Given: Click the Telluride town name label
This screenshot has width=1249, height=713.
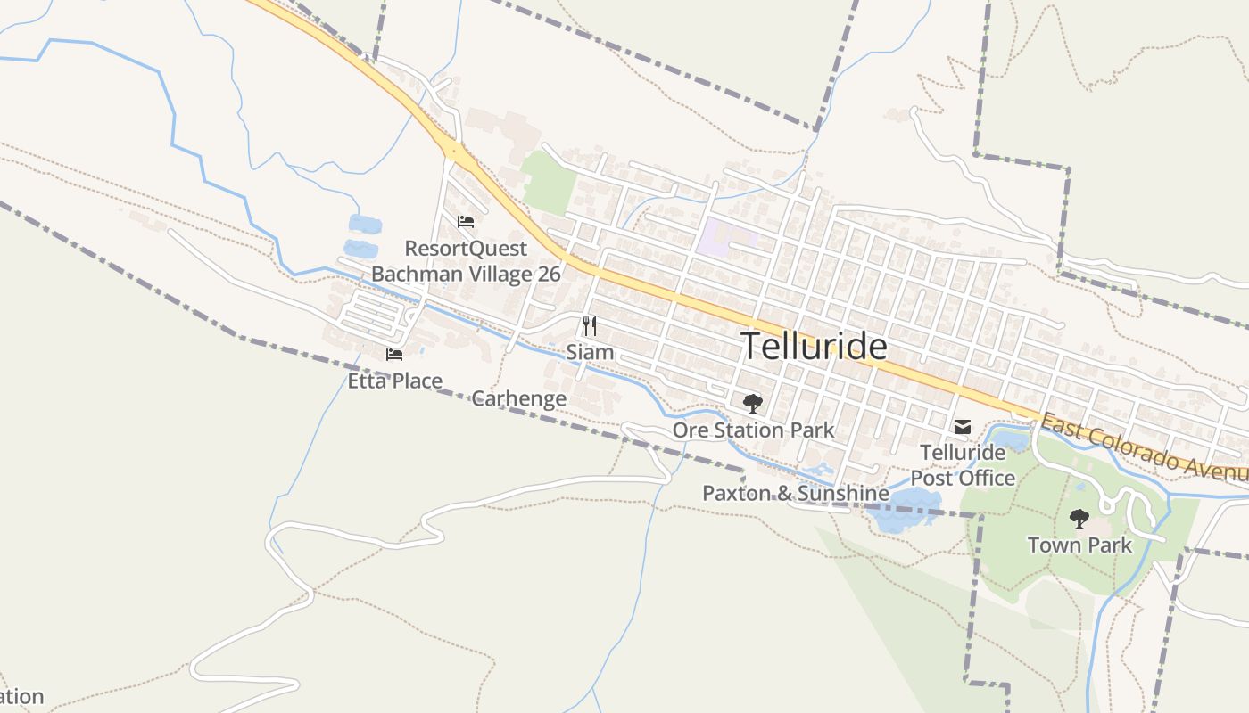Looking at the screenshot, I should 814,346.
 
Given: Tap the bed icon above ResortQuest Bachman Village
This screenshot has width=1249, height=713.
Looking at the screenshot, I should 465,222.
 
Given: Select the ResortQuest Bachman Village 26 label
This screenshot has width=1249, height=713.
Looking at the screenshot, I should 466,261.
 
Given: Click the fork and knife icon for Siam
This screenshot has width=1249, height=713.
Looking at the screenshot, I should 590,326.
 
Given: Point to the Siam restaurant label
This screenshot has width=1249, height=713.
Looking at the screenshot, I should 590,352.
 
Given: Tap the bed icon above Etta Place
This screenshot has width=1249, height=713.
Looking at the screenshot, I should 394,355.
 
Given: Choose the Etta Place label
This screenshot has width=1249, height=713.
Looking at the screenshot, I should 394,381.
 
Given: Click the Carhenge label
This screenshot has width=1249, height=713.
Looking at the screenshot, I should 518,398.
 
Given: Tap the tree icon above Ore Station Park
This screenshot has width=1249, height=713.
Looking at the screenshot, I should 753,404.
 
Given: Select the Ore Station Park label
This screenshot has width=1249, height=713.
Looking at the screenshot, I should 753,430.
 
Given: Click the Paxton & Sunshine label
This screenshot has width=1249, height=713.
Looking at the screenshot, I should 795,493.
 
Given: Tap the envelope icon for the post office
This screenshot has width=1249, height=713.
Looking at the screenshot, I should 963,427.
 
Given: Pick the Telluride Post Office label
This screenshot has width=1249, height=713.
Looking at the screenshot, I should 963,465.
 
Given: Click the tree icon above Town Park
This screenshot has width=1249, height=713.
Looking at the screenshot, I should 1079,518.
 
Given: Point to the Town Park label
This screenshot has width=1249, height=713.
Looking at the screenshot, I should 1079,545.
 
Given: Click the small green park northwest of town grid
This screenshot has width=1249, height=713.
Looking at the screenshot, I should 548,182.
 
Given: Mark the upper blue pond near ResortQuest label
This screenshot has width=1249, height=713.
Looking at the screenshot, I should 364,224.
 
